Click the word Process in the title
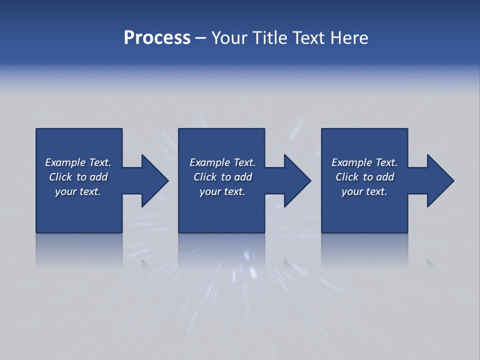(157, 38)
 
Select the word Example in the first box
(65, 162)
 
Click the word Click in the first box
(60, 177)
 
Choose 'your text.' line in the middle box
(222, 191)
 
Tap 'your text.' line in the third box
(364, 191)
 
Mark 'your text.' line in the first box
(78, 191)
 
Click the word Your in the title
(229, 38)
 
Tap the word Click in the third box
(347, 177)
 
